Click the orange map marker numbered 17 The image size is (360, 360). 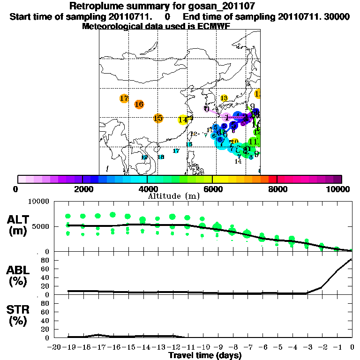click(x=124, y=99)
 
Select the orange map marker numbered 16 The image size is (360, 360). click(x=139, y=104)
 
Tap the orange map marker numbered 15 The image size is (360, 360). click(x=158, y=118)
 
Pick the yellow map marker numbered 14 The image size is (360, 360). click(x=183, y=120)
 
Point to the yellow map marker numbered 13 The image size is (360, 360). click(x=224, y=98)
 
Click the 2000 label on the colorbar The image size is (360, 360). click(x=82, y=189)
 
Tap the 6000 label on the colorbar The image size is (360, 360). click(x=212, y=189)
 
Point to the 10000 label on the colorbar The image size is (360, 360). click(x=339, y=189)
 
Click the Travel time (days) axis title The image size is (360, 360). click(x=205, y=356)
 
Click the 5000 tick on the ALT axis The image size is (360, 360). click(x=39, y=226)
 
